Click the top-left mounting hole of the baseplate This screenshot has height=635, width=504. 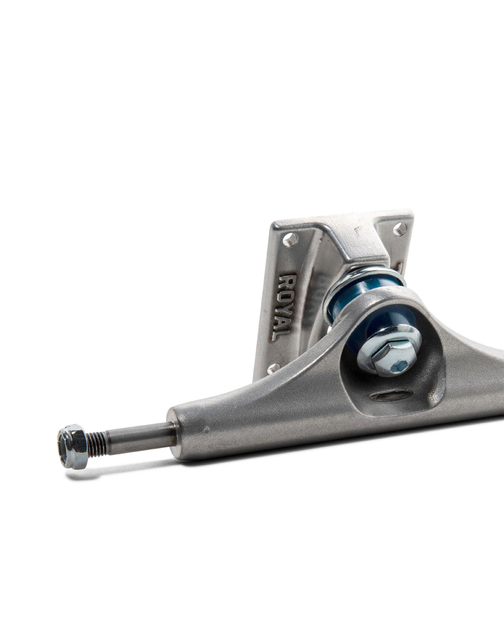(x=290, y=239)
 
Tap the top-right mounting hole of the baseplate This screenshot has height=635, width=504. (x=400, y=230)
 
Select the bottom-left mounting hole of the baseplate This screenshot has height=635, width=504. (x=273, y=368)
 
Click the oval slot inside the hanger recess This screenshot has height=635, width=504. (x=391, y=396)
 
